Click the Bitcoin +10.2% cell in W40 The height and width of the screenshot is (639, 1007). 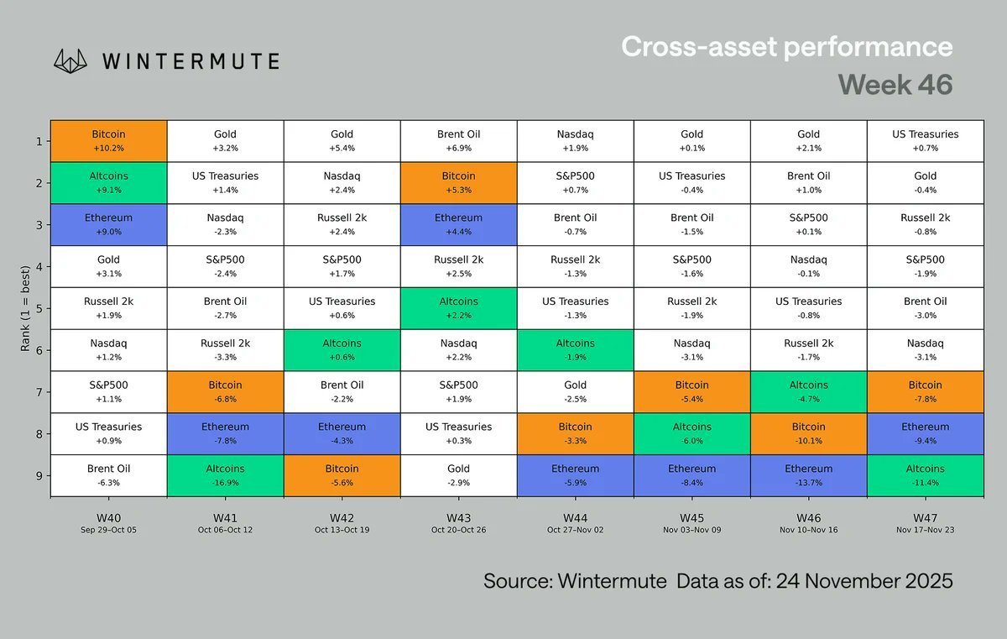coord(108,140)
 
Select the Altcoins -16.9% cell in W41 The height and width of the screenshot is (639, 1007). coord(225,475)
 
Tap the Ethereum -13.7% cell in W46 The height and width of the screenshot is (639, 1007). coord(808,475)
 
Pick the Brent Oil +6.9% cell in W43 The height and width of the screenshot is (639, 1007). coord(458,140)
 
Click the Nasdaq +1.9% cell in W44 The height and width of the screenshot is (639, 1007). coord(575,140)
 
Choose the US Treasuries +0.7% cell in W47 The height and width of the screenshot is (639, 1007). coord(926,140)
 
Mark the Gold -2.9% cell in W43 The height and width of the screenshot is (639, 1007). coord(458,475)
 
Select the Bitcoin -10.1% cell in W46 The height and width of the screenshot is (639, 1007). coord(808,433)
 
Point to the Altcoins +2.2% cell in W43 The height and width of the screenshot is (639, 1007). coord(458,308)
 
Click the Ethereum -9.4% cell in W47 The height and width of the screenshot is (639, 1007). coord(926,433)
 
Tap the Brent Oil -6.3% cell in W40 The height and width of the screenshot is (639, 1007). coord(108,475)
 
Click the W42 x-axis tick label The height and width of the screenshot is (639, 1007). coord(342,518)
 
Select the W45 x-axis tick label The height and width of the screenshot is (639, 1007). coord(691,518)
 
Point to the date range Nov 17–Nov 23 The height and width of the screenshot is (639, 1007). coord(926,531)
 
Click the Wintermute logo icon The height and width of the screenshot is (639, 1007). coord(71,60)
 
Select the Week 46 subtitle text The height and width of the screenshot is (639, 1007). coord(895,85)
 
